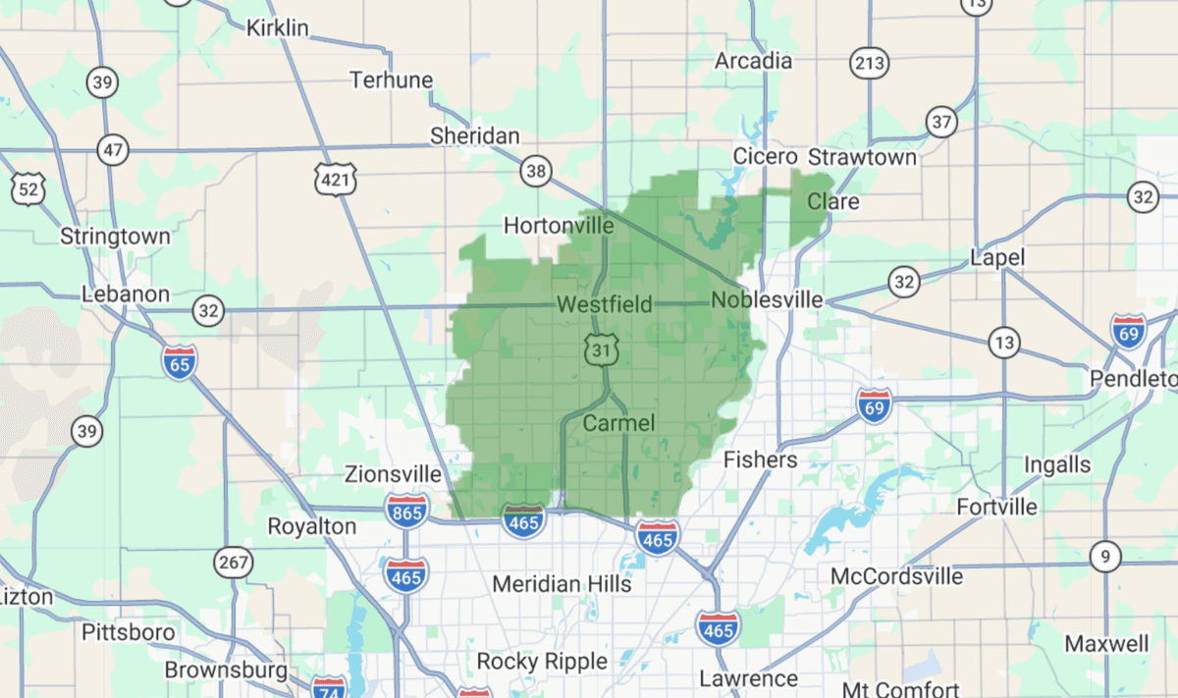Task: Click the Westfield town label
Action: pos(604,305)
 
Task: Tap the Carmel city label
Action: pos(618,424)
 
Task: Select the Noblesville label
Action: pos(767,300)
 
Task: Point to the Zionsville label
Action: pos(393,474)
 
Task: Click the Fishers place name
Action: pos(760,459)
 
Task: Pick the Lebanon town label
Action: pos(126,294)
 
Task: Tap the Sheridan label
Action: pos(475,136)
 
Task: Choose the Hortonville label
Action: pos(559,226)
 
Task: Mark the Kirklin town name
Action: pos(277,27)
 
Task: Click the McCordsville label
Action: pos(896,576)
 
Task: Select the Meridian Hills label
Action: pos(562,584)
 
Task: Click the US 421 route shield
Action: pos(336,179)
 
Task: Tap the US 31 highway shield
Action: pos(599,349)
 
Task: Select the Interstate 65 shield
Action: pos(180,361)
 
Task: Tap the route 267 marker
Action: pos(233,564)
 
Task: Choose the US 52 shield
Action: pos(28,188)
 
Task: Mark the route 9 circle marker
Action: pos(1105,558)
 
